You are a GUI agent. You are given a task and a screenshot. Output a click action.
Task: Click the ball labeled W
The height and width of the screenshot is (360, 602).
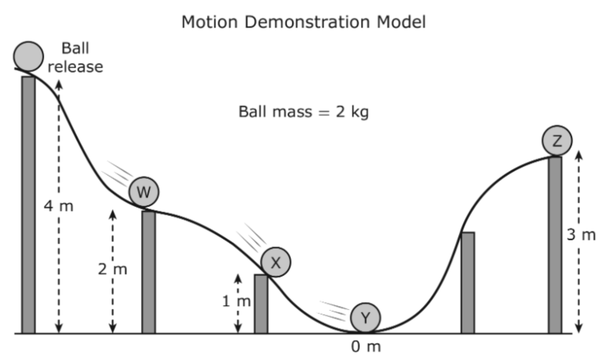(144, 192)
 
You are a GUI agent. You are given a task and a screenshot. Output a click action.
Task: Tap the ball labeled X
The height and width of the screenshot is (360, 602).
(276, 262)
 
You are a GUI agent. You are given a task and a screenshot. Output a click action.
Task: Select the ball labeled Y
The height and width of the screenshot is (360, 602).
(365, 318)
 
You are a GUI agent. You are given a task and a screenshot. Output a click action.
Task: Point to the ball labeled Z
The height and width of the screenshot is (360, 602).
(557, 141)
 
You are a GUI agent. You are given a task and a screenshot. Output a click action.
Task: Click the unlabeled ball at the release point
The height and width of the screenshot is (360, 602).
(28, 56)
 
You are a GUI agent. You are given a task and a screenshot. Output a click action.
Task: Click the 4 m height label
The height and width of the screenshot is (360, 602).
(59, 206)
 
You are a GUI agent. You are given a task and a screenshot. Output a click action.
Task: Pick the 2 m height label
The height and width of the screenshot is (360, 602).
(113, 269)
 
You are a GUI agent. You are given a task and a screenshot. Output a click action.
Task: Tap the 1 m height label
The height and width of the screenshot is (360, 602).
(237, 301)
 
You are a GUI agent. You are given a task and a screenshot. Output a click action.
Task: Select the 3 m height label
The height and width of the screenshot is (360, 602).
(581, 235)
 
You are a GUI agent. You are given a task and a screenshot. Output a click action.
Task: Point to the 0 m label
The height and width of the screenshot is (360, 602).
(366, 346)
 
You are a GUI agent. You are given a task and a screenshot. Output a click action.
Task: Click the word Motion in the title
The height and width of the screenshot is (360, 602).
(210, 22)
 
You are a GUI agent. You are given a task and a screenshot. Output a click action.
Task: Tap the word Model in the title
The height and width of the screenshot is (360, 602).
(401, 22)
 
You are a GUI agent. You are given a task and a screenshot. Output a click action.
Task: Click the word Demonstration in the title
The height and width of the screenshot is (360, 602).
(308, 22)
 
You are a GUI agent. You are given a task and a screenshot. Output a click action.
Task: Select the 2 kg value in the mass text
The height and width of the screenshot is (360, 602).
(352, 112)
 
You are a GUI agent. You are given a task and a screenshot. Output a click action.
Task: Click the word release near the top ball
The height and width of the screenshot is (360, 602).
(75, 67)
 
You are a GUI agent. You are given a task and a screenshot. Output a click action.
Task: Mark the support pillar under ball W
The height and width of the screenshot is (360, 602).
(149, 272)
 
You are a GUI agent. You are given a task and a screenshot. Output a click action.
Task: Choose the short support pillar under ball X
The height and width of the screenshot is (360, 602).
(261, 304)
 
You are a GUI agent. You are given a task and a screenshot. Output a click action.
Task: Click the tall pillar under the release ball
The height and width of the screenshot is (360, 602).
(28, 205)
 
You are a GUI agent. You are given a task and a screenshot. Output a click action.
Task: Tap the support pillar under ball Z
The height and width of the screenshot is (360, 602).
(555, 245)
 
